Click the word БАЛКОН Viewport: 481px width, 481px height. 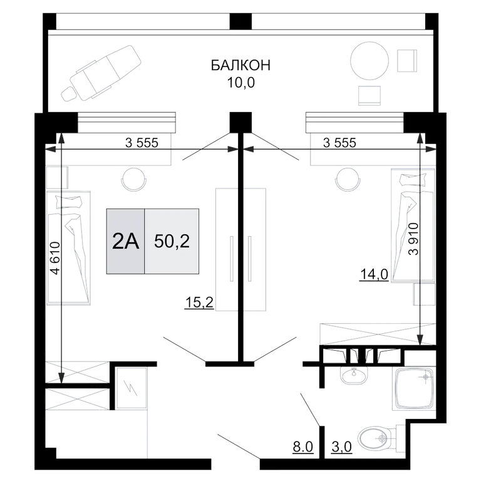point(240,65)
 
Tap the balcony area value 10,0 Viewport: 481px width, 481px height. point(240,83)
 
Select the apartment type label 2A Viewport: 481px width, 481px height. point(125,241)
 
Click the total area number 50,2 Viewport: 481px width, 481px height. point(172,241)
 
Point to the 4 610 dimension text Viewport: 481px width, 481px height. point(56,258)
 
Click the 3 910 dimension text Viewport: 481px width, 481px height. point(413,239)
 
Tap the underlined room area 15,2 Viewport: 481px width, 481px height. point(199,303)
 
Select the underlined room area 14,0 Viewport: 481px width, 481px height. point(374,274)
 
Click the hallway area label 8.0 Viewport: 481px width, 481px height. point(303,447)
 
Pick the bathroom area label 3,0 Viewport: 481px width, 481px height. point(341,447)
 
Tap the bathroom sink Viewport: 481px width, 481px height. point(354,375)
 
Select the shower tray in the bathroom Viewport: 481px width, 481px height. point(415,389)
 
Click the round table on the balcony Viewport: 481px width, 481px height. point(370,60)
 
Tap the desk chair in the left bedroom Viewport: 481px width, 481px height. point(133,180)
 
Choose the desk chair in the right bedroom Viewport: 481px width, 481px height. point(348,180)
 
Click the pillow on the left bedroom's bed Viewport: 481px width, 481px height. point(69,202)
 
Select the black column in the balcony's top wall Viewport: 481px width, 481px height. point(240,21)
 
